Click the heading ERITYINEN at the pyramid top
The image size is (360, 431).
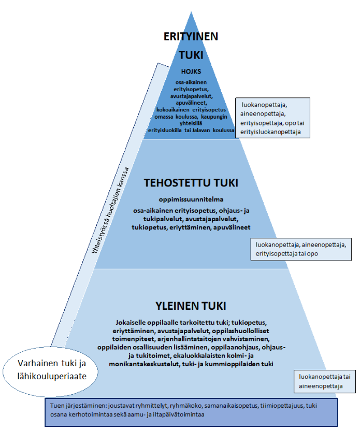coord(191,36)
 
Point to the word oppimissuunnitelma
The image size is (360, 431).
coord(190,199)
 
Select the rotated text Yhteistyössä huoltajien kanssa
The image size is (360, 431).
coord(110,210)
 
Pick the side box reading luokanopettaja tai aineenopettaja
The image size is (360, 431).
coord(325,381)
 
